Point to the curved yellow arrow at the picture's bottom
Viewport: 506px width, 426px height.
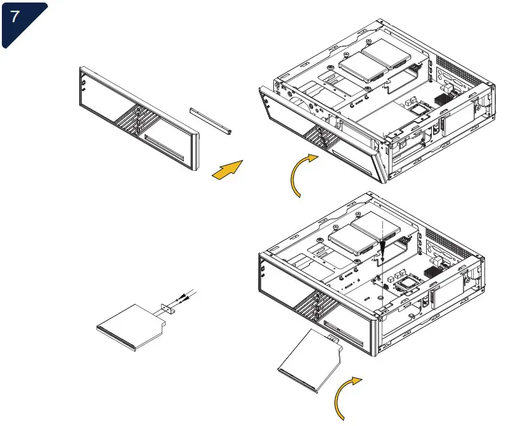[x=345, y=396]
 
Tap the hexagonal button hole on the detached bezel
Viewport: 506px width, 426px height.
[x=83, y=82]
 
